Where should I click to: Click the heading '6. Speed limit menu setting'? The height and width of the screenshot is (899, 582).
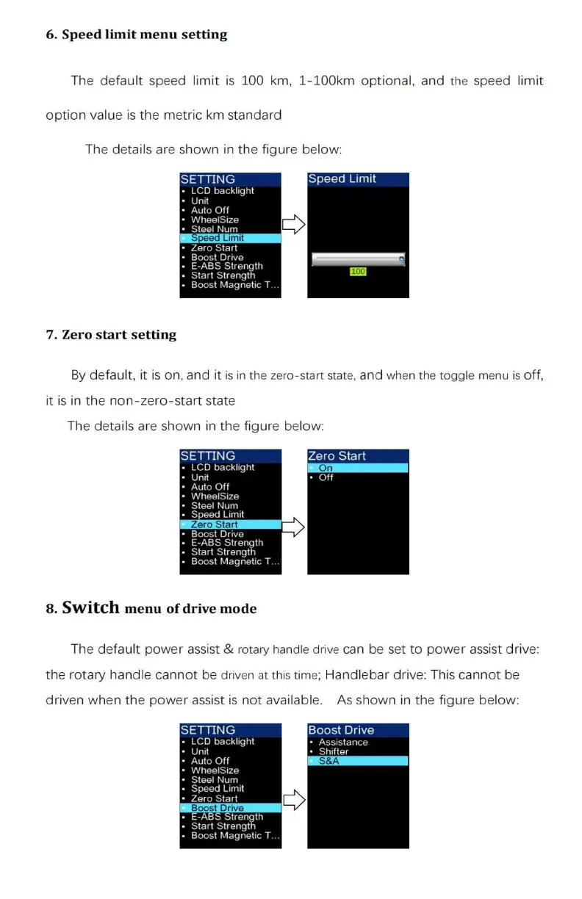click(137, 35)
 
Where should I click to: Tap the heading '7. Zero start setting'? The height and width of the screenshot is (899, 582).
click(111, 334)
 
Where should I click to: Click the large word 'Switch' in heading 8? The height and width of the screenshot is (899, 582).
click(91, 607)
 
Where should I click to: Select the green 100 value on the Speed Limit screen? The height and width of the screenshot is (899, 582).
click(358, 272)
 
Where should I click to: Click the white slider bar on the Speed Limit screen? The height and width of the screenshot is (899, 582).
click(358, 259)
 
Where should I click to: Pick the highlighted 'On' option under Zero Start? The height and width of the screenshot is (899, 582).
click(358, 468)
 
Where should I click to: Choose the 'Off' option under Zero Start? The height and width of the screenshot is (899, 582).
click(326, 477)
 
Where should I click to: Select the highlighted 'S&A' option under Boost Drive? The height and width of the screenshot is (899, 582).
click(358, 761)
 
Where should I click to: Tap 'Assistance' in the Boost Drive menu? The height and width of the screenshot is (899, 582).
click(343, 742)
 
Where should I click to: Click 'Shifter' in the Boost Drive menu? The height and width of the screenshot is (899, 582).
click(334, 751)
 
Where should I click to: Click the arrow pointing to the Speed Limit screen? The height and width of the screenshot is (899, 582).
click(294, 224)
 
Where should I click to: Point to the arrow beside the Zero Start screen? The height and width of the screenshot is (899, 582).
click(294, 527)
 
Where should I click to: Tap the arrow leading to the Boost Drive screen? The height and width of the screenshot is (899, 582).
click(295, 800)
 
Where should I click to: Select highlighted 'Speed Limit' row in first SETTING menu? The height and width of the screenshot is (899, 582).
click(230, 238)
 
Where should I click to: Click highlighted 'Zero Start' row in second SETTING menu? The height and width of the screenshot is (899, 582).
click(230, 524)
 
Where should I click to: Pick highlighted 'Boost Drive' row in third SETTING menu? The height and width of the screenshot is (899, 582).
click(230, 808)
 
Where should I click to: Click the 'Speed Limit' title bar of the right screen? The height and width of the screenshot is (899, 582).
click(358, 179)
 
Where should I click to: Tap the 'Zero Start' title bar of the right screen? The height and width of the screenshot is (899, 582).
click(358, 456)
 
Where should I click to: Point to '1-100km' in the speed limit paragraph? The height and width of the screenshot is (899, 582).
click(326, 81)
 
